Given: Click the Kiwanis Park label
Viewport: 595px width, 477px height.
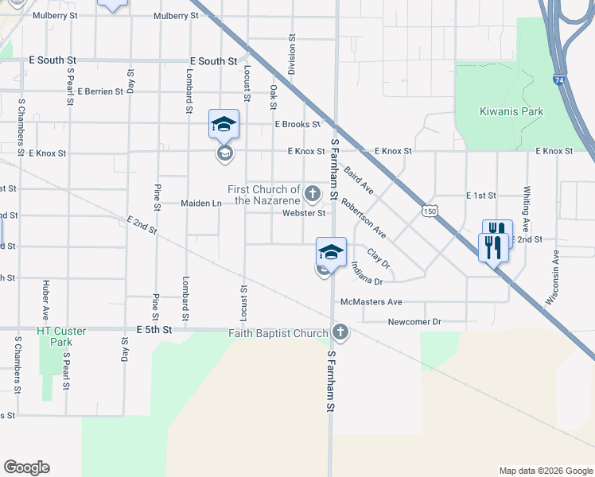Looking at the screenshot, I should coord(511,111).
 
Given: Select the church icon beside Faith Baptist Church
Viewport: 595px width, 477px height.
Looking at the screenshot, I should coord(340,332).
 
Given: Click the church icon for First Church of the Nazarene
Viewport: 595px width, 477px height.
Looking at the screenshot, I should coord(313,192).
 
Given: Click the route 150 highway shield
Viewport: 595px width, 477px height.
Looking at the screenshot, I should coord(430,211).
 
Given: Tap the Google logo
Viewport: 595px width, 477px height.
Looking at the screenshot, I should coord(26,467).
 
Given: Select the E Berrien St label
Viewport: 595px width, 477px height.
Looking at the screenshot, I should coord(96,91).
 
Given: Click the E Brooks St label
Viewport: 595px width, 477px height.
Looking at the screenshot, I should coord(297,124).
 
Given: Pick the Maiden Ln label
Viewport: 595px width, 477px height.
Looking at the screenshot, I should coord(200,204).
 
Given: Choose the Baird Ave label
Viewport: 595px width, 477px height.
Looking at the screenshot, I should coord(359,180).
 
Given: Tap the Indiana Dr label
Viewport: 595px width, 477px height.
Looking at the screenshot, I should coord(365,276).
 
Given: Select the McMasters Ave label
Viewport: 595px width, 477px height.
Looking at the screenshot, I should coord(371,302).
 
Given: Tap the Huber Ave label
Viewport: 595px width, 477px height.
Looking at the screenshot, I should coord(46,294).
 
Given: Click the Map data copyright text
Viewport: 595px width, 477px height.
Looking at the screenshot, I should coord(545,471).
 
